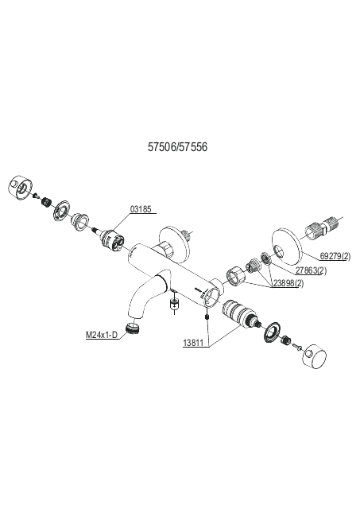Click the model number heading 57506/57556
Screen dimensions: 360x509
[177, 147]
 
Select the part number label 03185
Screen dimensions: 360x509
[141, 209]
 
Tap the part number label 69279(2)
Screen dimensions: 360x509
[335, 256]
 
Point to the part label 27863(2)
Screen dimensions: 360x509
[311, 270]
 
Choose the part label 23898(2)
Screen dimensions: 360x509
[288, 283]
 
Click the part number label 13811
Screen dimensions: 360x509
[193, 343]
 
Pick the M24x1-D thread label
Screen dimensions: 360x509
[102, 335]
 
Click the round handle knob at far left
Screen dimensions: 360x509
[19, 186]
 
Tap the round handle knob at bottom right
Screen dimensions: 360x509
[314, 356]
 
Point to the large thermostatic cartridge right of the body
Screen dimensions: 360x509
[237, 314]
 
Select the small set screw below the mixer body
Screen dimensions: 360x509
[206, 317]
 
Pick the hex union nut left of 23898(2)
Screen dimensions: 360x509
[236, 276]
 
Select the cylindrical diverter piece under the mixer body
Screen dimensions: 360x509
[175, 304]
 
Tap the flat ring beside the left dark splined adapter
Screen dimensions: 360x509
[60, 211]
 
